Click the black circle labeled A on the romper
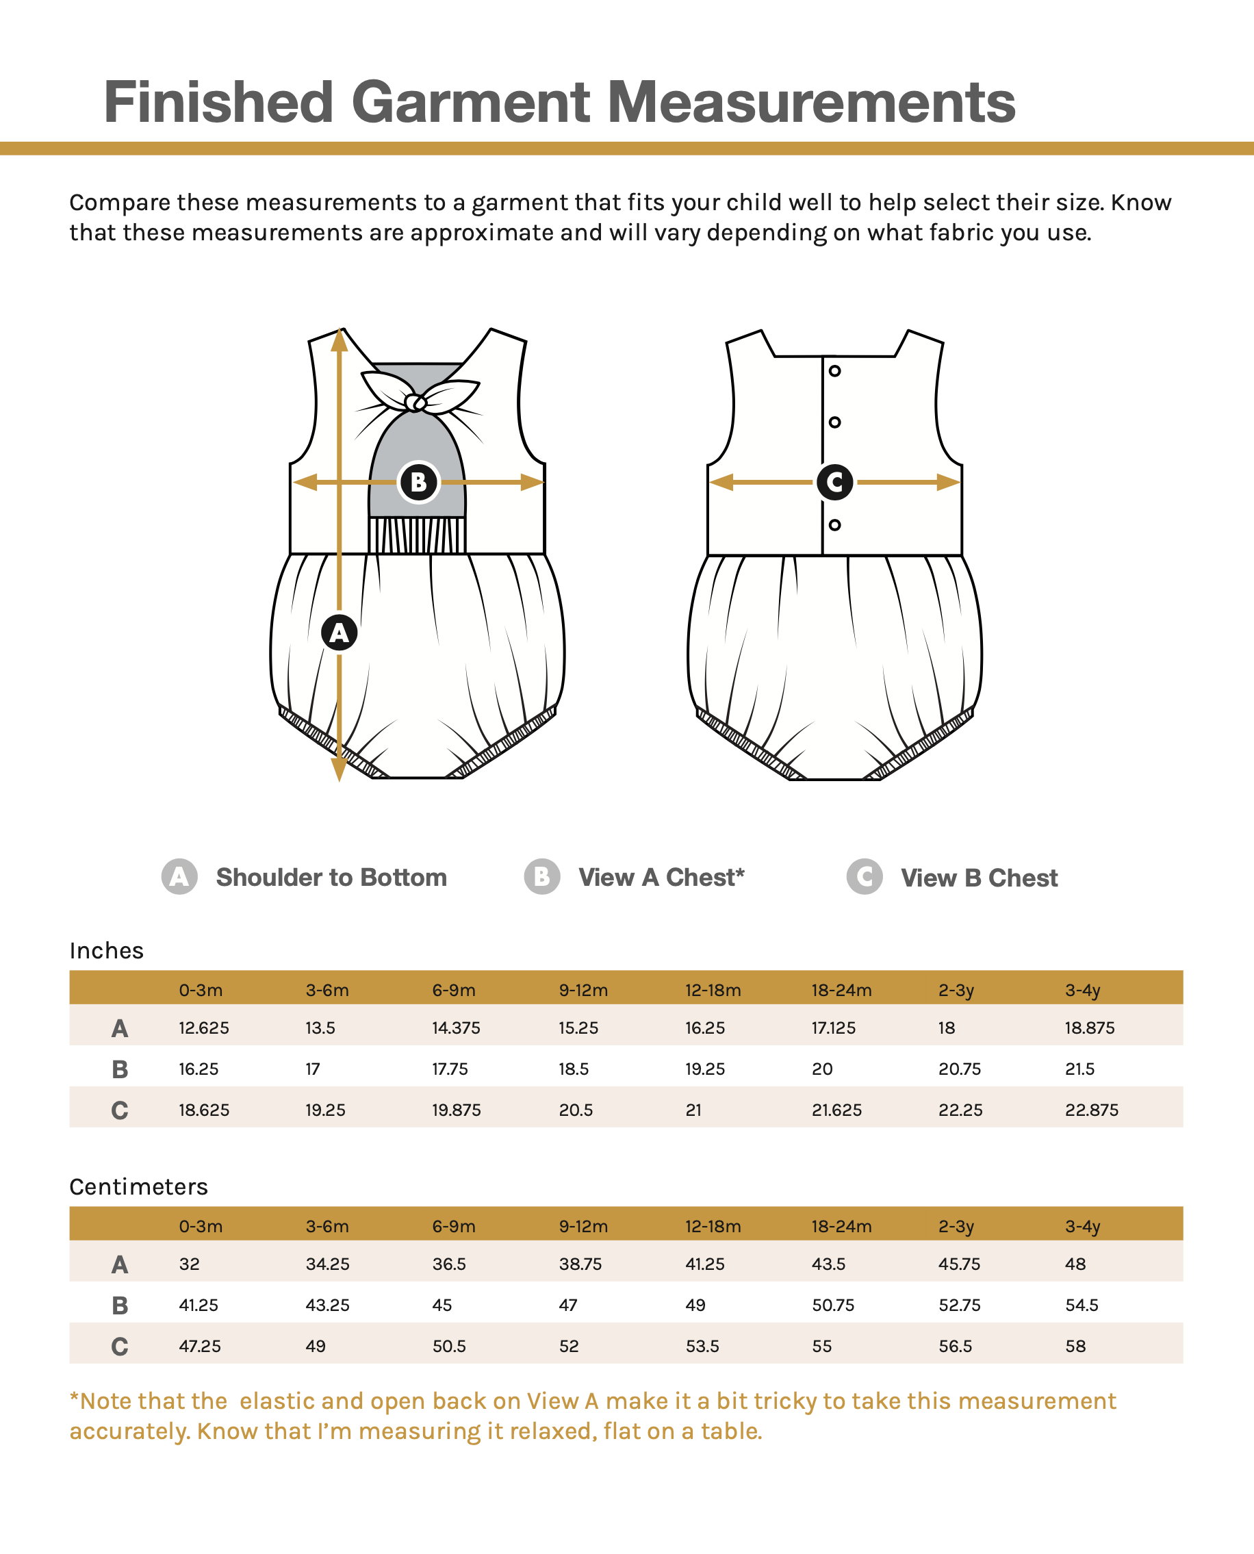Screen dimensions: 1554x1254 pyautogui.click(x=339, y=632)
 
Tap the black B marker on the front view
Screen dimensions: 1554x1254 pyautogui.click(x=418, y=482)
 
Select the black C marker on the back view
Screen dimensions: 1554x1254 pyautogui.click(x=834, y=482)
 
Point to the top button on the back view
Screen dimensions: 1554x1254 pyautogui.click(x=834, y=371)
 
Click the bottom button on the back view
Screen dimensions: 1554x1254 pyautogui.click(x=834, y=525)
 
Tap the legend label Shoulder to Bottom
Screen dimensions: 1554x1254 pyautogui.click(x=331, y=877)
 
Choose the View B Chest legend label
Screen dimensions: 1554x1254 pyautogui.click(x=979, y=878)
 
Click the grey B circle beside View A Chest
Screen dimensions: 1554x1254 pyautogui.click(x=541, y=877)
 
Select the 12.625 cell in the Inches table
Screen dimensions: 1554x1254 pyautogui.click(x=204, y=1028)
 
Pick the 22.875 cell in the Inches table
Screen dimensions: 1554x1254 pyautogui.click(x=1092, y=1110)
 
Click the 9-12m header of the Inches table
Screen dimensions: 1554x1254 pyautogui.click(x=583, y=991)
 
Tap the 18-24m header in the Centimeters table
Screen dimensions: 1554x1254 pyautogui.click(x=841, y=1227)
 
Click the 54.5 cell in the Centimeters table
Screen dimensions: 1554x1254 pyautogui.click(x=1082, y=1305)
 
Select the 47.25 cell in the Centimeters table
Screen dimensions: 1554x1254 pyautogui.click(x=200, y=1347)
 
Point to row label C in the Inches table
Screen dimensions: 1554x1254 pyautogui.click(x=120, y=1110)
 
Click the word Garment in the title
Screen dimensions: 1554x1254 pyautogui.click(x=471, y=103)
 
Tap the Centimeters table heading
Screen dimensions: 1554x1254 pyautogui.click(x=139, y=1187)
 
